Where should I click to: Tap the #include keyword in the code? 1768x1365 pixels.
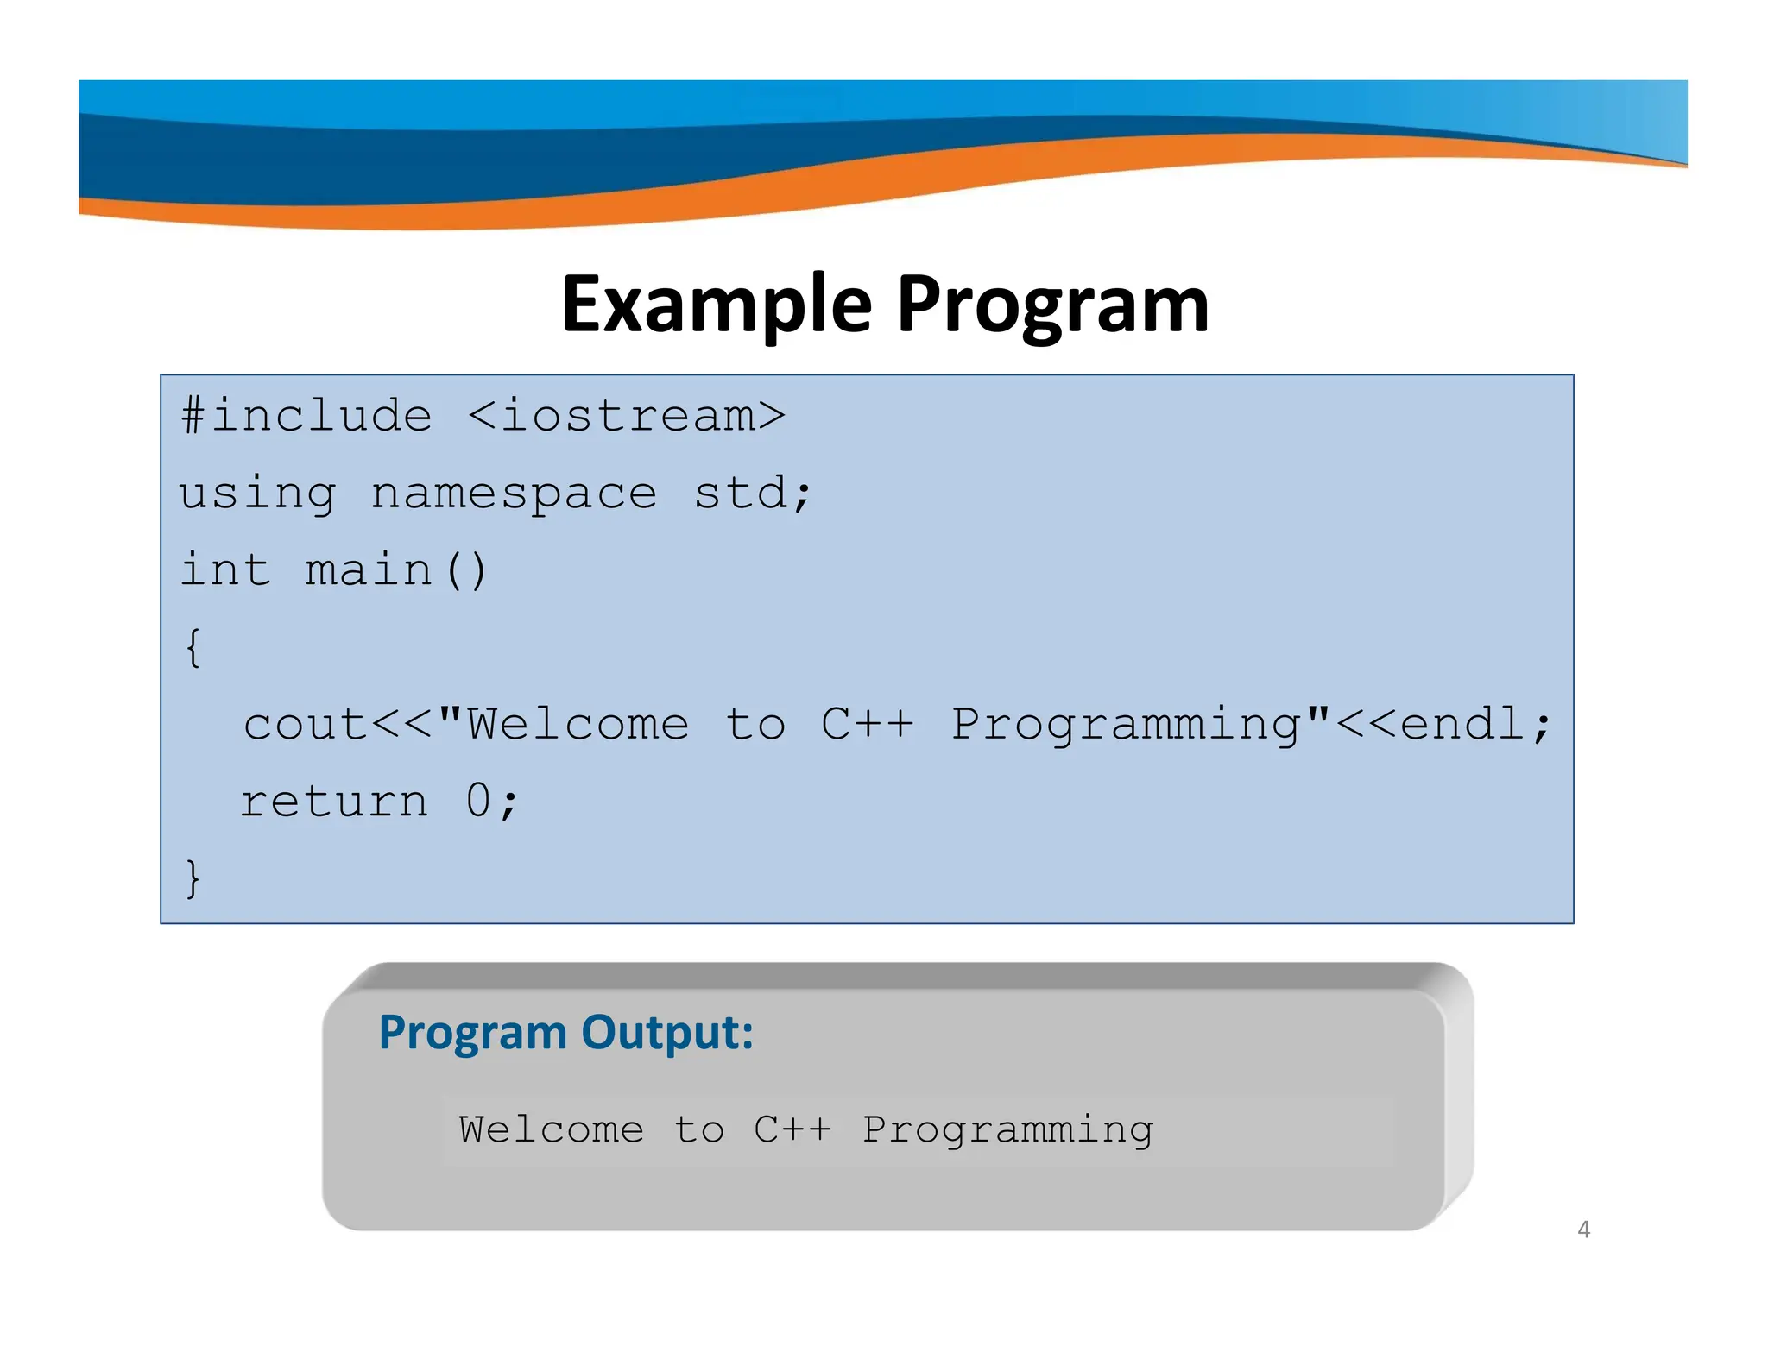(306, 416)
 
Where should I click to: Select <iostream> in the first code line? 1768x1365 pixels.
(626, 416)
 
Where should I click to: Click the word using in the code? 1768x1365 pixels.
(257, 494)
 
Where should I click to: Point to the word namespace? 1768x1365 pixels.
(514, 494)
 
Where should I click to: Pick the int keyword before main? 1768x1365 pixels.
(225, 570)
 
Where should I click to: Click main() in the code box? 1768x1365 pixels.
(396, 570)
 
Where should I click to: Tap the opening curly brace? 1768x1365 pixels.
(193, 647)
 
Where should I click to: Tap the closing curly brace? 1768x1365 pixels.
(193, 878)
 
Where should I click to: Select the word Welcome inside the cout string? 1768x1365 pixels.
(578, 724)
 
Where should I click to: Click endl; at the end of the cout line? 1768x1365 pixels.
(1475, 724)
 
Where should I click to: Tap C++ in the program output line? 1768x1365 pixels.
(792, 1129)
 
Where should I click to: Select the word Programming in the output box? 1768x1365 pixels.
(1008, 1130)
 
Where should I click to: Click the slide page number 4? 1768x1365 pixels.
(1583, 1229)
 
